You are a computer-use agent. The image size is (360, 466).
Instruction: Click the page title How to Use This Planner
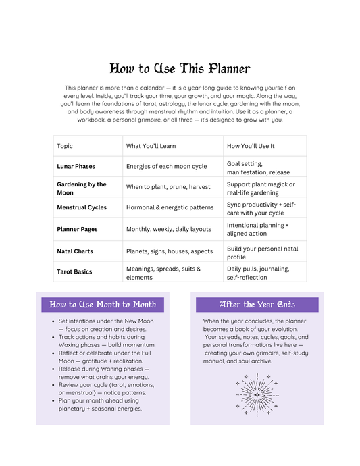[x=180, y=68]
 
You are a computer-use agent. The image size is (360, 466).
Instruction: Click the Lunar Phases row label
[x=76, y=166]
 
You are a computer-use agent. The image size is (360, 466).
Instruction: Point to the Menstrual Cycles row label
[x=81, y=207]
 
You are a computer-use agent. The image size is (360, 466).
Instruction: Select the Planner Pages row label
[x=77, y=229]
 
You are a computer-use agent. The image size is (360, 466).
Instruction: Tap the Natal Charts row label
[x=75, y=251]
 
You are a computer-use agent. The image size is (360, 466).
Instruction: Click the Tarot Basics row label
[x=74, y=271]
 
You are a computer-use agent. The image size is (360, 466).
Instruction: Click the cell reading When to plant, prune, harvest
[x=168, y=187]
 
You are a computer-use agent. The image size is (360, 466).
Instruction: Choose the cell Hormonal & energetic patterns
[x=170, y=207]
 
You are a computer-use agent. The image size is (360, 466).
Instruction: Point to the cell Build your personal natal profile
[x=262, y=253]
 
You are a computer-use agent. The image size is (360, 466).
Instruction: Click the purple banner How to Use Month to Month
[x=103, y=305]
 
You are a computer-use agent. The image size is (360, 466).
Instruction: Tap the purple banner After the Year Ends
[x=257, y=305]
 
